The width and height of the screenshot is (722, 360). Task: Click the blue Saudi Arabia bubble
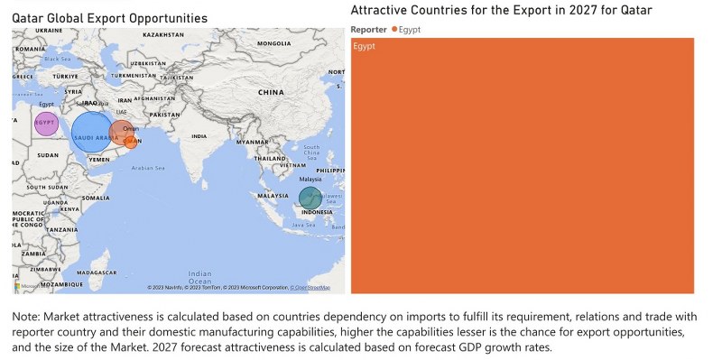pyautogui.click(x=91, y=133)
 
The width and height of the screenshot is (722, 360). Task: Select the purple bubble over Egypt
pyautogui.click(x=45, y=123)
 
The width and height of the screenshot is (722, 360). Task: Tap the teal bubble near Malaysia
pyautogui.click(x=310, y=198)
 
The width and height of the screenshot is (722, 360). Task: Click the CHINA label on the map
pyautogui.click(x=270, y=92)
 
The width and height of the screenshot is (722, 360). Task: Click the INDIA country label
pyautogui.click(x=199, y=136)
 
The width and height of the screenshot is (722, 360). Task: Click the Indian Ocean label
pyautogui.click(x=199, y=275)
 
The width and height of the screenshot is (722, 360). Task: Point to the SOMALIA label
pyautogui.click(x=95, y=197)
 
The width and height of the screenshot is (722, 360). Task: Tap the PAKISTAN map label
pyautogui.click(x=165, y=115)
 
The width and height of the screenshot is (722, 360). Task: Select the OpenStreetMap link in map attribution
pyautogui.click(x=310, y=288)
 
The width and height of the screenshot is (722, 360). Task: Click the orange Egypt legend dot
pyautogui.click(x=394, y=30)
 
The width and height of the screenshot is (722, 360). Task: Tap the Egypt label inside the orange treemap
pyautogui.click(x=365, y=46)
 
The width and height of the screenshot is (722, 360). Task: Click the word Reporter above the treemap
pyautogui.click(x=369, y=30)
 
